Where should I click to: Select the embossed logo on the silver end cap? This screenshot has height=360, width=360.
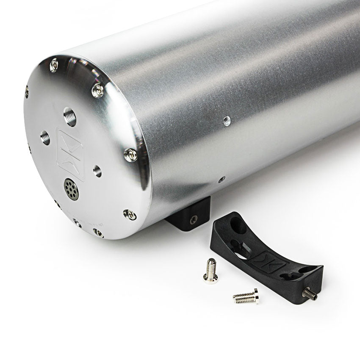70,155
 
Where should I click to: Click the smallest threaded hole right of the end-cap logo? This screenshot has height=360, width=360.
97,171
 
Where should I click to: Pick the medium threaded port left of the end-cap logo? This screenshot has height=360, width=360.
45,137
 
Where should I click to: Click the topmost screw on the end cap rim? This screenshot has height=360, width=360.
54,64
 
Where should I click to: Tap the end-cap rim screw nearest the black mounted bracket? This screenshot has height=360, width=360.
130,214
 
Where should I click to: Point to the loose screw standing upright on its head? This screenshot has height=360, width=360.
210,271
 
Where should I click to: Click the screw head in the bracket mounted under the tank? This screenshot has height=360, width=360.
194,219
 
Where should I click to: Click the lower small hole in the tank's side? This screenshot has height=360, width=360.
221,180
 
